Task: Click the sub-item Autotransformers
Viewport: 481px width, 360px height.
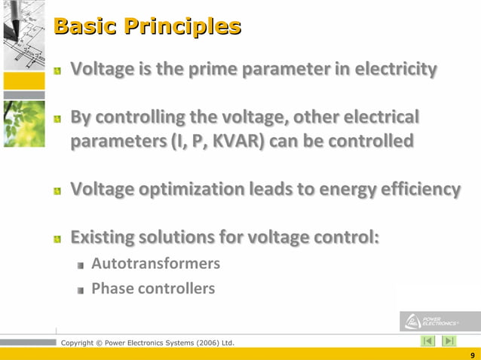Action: [155, 264]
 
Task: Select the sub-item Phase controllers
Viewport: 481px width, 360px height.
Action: [152, 288]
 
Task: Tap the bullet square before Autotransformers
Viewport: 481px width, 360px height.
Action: [81, 265]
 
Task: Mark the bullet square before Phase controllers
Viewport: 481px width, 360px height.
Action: [81, 290]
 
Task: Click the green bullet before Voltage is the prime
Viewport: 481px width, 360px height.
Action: [57, 72]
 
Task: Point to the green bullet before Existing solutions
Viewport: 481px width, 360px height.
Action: [57, 239]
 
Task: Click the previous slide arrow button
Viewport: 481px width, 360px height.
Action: [428, 341]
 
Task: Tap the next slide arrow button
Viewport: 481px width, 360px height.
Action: [449, 341]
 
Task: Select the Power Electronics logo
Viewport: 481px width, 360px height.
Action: [433, 321]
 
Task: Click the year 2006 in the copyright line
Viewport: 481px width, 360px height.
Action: [203, 343]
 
